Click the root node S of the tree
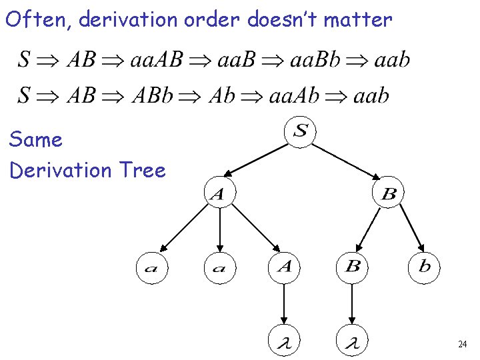click(x=301, y=131)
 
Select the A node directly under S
click(x=218, y=194)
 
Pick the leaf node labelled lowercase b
click(x=424, y=267)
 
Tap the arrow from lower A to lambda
click(x=285, y=305)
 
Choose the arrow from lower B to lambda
click(x=352, y=305)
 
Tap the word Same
click(x=35, y=140)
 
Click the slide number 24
click(x=462, y=345)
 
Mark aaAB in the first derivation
click(x=156, y=60)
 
